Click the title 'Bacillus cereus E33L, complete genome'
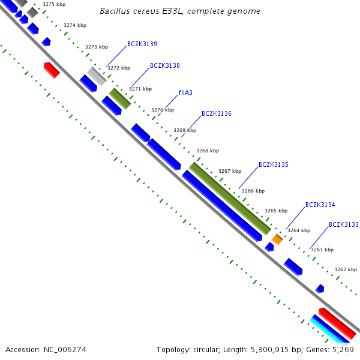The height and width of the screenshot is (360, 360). click(x=180, y=11)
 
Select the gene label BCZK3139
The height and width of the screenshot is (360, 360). click(x=142, y=44)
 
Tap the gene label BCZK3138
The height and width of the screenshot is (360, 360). click(x=165, y=65)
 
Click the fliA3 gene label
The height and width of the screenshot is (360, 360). click(x=185, y=93)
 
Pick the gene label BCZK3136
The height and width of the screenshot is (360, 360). click(x=217, y=113)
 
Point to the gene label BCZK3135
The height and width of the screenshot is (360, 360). click(x=274, y=164)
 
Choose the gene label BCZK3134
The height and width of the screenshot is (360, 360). click(x=320, y=205)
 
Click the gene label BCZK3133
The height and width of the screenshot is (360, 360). click(x=343, y=224)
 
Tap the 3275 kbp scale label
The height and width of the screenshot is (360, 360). click(x=54, y=5)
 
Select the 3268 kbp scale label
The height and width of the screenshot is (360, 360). click(x=208, y=151)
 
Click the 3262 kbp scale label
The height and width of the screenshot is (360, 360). click(x=345, y=269)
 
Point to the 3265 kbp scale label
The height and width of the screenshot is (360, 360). click(x=276, y=211)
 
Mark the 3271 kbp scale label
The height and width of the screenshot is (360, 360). click(x=140, y=89)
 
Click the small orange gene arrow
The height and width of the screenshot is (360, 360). click(x=277, y=239)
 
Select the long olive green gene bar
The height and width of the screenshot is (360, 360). click(x=230, y=198)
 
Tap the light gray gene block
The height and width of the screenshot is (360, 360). click(x=97, y=76)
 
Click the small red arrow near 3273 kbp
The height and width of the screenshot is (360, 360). click(x=52, y=70)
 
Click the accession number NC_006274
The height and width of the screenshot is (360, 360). click(x=46, y=349)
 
